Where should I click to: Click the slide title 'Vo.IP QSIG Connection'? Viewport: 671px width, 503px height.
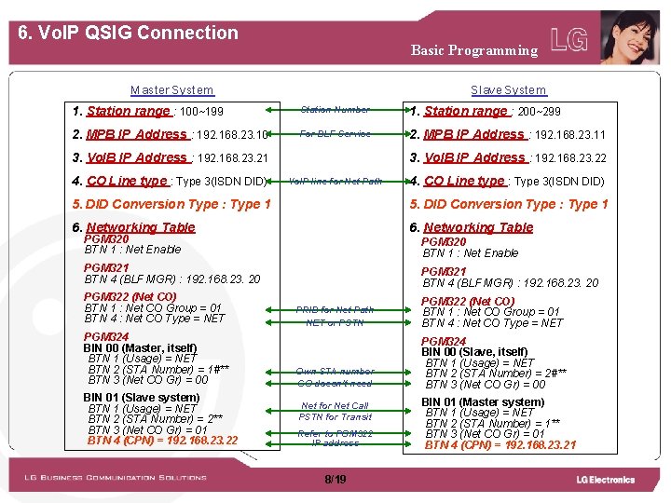coord(129,33)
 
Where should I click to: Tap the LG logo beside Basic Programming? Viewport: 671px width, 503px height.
coord(569,40)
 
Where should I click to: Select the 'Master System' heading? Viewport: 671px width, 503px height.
coord(171,90)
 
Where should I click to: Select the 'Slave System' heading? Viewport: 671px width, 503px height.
coord(508,90)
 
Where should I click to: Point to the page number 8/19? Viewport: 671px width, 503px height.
coord(335,479)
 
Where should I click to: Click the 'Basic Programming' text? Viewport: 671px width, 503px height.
coord(474,50)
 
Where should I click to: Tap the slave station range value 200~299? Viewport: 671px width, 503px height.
coord(540,112)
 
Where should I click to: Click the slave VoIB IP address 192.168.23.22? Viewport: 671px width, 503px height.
coord(570,158)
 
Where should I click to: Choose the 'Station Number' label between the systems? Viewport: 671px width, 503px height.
coord(335,110)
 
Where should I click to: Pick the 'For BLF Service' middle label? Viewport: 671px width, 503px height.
coord(335,134)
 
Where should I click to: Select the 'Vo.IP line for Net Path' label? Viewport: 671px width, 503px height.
coord(335,182)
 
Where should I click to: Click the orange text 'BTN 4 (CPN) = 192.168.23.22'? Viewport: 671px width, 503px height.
coord(162,441)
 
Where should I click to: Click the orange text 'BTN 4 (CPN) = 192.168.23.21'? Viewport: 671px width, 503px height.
coord(500,445)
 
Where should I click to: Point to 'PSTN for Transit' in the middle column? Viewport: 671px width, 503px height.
coord(335,417)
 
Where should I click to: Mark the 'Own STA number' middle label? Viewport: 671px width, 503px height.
coord(335,371)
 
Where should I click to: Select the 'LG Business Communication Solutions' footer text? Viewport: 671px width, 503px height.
coord(116,478)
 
